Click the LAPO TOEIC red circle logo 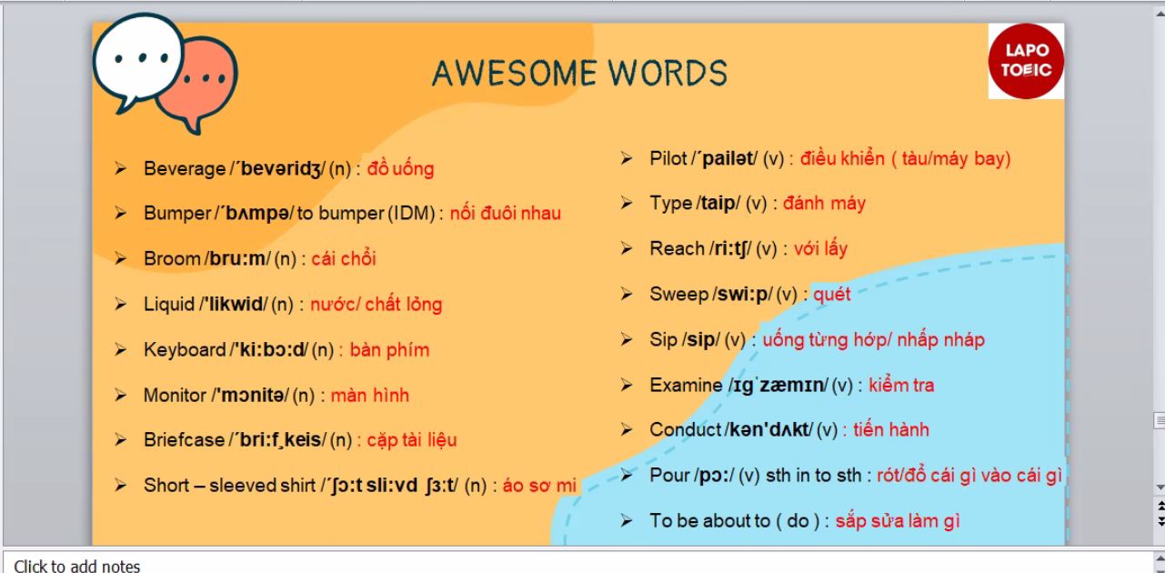(1026, 61)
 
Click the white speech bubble (138, 61)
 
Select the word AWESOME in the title (514, 73)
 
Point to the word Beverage (185, 169)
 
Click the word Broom (172, 258)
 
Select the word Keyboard (185, 350)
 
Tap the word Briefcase (184, 440)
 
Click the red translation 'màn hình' (370, 396)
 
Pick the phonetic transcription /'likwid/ (234, 304)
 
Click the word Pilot (668, 158)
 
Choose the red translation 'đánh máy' (824, 204)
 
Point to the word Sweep (679, 295)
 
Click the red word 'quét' (831, 295)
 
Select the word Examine (686, 386)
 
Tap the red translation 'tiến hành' (891, 430)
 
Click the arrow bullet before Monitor (121, 395)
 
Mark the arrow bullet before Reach (627, 248)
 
